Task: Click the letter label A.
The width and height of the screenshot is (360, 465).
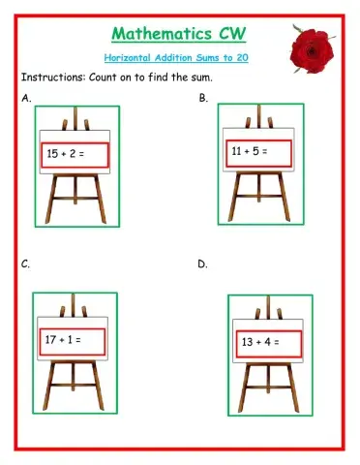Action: pyautogui.click(x=24, y=99)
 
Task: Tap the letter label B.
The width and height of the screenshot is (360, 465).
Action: pyautogui.click(x=203, y=99)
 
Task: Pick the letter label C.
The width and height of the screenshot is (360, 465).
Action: pyautogui.click(x=24, y=263)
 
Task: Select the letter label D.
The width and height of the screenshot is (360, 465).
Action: pyautogui.click(x=203, y=263)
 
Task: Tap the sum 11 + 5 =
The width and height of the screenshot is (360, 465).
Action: pyautogui.click(x=249, y=151)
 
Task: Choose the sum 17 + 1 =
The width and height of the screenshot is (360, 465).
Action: pyautogui.click(x=64, y=340)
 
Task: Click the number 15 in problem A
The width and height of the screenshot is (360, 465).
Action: pyautogui.click(x=54, y=153)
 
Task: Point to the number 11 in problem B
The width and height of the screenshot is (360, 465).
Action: pyautogui.click(x=237, y=151)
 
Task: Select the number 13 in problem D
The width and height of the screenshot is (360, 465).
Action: pyautogui.click(x=248, y=342)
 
